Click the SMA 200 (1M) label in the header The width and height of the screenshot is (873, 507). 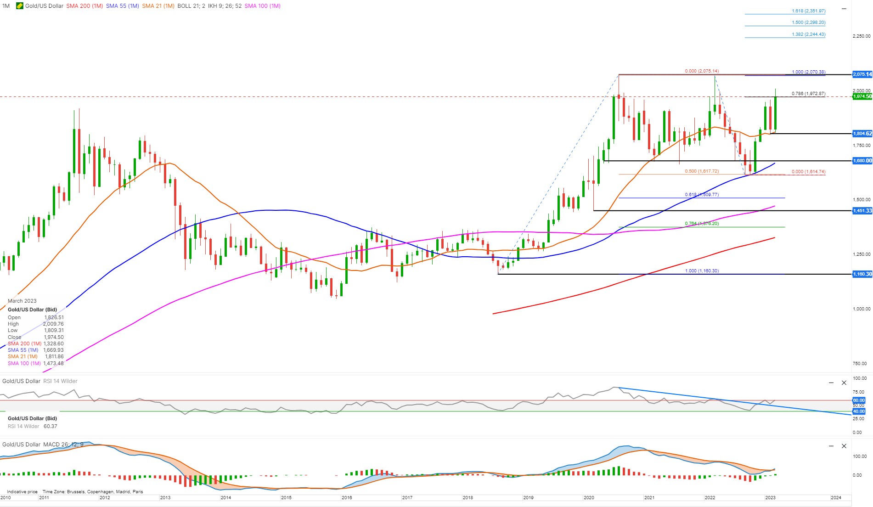pyautogui.click(x=84, y=6)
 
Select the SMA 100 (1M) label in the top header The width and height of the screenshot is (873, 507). pyautogui.click(x=262, y=6)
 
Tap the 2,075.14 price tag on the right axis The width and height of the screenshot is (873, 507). pyautogui.click(x=862, y=74)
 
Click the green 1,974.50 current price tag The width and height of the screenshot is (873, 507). pyautogui.click(x=862, y=96)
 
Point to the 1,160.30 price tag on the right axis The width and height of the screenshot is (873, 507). pyautogui.click(x=862, y=274)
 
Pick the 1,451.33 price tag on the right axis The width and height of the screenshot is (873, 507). pyautogui.click(x=862, y=211)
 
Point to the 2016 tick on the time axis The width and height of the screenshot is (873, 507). pyautogui.click(x=347, y=498)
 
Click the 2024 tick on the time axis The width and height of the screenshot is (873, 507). pyautogui.click(x=836, y=498)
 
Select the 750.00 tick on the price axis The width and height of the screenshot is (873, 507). pyautogui.click(x=861, y=364)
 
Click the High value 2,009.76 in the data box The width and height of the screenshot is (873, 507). pyautogui.click(x=53, y=324)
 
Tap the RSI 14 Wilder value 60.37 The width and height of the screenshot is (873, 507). pyautogui.click(x=50, y=426)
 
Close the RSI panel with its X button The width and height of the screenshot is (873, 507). pyautogui.click(x=844, y=383)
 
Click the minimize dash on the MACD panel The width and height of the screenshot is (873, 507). pyautogui.click(x=831, y=446)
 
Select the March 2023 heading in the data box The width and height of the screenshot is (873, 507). pyautogui.click(x=22, y=301)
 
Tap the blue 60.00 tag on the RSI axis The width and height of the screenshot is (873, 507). pyautogui.click(x=858, y=400)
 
